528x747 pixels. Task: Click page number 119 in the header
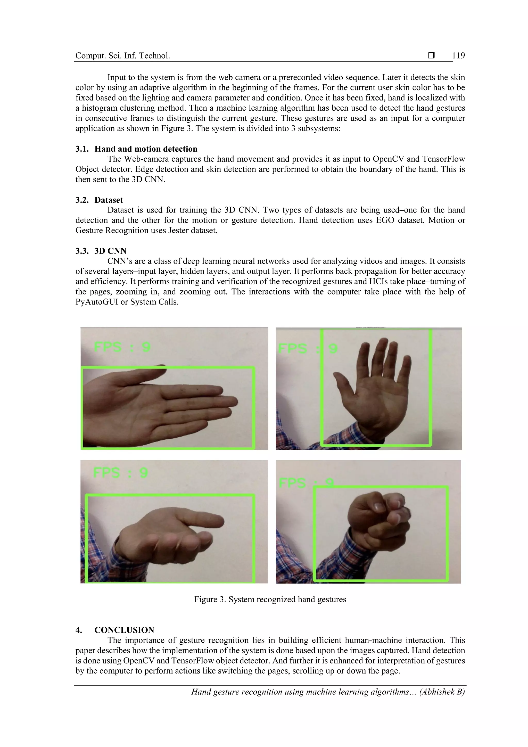click(458, 56)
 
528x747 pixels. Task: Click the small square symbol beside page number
click(431, 56)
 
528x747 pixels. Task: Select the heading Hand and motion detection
click(146, 149)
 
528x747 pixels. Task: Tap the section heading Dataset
click(109, 200)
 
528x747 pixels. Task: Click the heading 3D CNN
click(110, 251)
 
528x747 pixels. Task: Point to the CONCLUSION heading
click(124, 630)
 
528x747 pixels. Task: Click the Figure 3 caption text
click(270, 599)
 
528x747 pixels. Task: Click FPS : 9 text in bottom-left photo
click(121, 472)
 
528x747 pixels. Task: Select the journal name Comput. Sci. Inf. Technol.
click(123, 56)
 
